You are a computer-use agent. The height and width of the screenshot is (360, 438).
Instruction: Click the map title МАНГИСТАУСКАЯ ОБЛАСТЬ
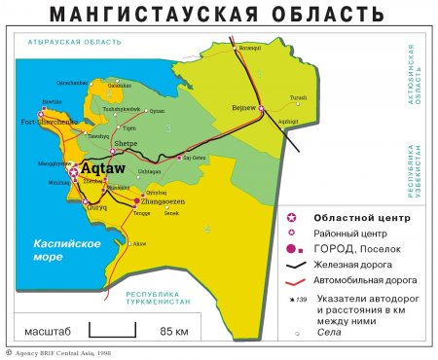(x=219, y=14)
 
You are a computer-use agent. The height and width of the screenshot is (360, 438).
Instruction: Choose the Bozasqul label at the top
(x=250, y=46)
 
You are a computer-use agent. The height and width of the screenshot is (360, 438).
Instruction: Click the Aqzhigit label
(x=289, y=121)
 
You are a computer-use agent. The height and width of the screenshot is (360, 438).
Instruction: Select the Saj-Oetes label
(x=193, y=158)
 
